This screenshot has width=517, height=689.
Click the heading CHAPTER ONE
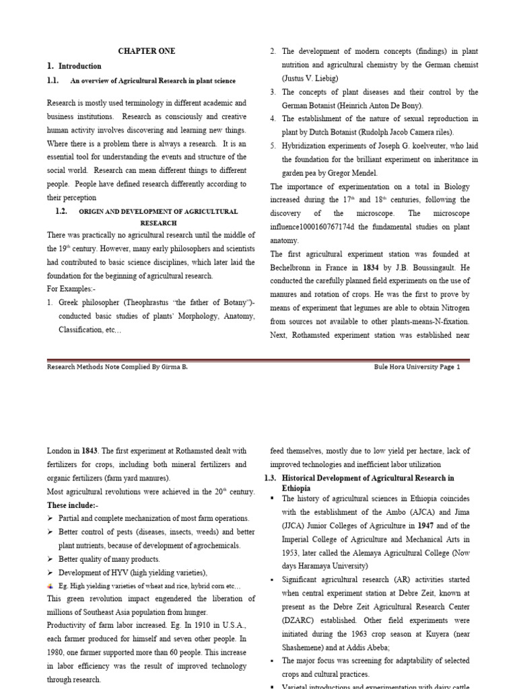coord(147,51)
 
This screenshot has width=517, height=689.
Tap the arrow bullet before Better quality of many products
coord(50,559)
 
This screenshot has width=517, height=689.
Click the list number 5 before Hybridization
coord(273,146)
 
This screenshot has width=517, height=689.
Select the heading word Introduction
coord(80,66)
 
